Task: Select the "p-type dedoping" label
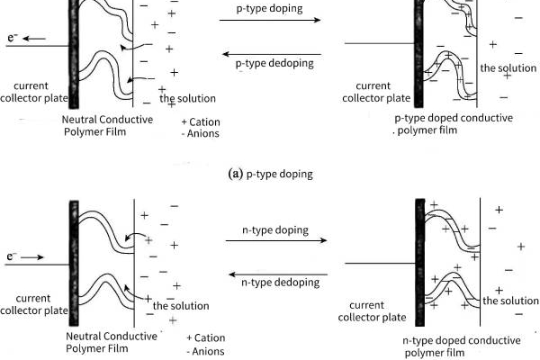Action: (x=274, y=64)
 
